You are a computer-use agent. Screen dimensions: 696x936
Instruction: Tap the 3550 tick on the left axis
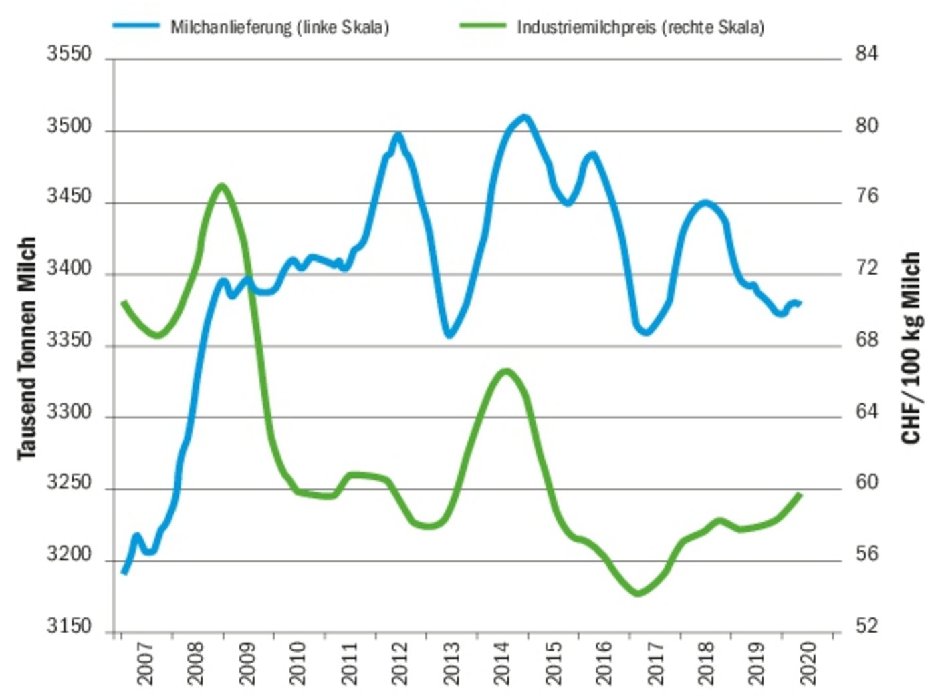tap(69, 55)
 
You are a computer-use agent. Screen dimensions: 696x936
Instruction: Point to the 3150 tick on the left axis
tap(69, 627)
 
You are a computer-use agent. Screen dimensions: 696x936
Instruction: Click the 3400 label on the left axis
tap(69, 269)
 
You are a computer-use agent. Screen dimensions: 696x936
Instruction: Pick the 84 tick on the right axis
tap(866, 54)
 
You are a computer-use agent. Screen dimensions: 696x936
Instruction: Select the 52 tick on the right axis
tap(866, 627)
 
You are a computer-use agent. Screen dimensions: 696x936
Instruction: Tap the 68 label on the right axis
tap(866, 341)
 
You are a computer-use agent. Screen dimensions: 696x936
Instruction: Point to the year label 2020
tap(808, 663)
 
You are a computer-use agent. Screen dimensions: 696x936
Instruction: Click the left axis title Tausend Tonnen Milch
tap(26, 347)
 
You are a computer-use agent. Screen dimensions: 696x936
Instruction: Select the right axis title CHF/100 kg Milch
tap(911, 347)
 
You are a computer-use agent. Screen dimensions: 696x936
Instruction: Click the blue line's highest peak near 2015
tap(524, 117)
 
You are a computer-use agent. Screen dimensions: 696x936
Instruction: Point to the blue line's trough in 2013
tap(449, 335)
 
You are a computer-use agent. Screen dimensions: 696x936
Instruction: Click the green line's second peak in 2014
tap(505, 371)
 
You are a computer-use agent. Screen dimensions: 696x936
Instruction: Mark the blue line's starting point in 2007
tap(124, 572)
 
